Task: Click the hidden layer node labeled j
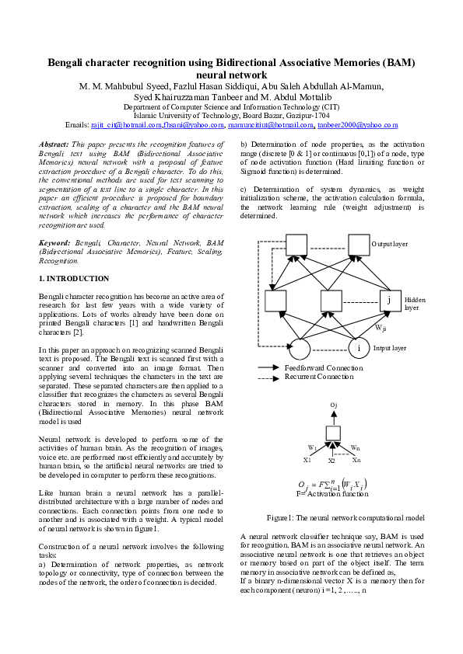point(389,301)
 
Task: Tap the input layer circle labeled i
point(358,349)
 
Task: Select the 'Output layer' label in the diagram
point(390,244)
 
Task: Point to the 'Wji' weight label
point(381,329)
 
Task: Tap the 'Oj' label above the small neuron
point(334,405)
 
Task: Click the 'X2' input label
point(331,461)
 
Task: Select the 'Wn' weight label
point(355,448)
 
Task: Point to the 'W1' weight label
point(312,448)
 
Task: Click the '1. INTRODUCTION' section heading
point(74,278)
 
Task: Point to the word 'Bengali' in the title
point(68,62)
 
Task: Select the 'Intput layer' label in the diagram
point(391,348)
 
